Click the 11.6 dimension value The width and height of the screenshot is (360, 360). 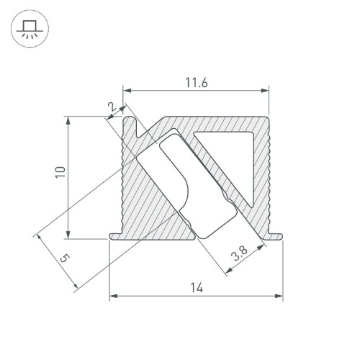pos(195,84)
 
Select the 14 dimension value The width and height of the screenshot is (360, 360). pos(195,288)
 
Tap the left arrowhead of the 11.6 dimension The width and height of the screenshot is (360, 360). pos(127,91)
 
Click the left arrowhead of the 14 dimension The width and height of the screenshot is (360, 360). pos(113,296)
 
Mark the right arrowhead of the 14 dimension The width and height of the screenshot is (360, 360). pos(279,296)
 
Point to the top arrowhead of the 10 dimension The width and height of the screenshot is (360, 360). pos(69,120)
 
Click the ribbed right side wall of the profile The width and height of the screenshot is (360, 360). pos(267,180)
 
